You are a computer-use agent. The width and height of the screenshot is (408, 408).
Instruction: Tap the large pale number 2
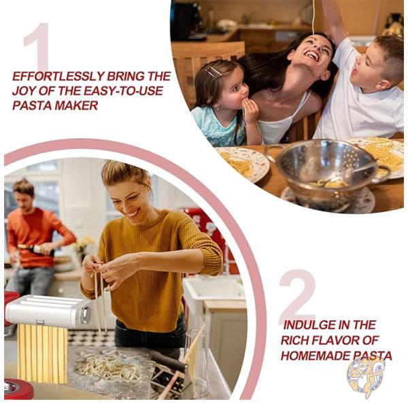297,296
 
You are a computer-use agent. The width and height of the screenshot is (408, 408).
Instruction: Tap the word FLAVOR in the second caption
338,340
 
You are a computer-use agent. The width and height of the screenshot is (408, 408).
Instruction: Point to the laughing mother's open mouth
313,56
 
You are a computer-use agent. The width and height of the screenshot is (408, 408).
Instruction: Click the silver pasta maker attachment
48,310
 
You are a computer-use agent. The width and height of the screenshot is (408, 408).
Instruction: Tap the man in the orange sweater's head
23,192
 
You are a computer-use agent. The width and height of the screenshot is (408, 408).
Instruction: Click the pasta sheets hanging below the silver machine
42,354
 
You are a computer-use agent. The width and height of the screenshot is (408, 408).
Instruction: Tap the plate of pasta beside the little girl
242,163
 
